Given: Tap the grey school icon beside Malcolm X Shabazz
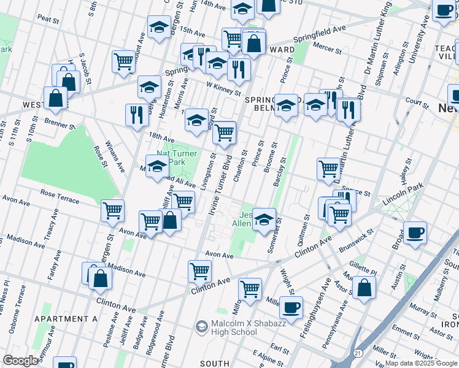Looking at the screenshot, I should (x=201, y=325).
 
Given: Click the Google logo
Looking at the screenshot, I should (x=20, y=361).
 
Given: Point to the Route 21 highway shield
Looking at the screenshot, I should (x=357, y=353).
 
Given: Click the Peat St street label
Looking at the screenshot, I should (x=47, y=20).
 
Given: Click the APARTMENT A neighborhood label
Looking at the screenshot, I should (x=66, y=319).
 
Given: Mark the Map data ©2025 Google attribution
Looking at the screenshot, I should (x=421, y=363).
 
